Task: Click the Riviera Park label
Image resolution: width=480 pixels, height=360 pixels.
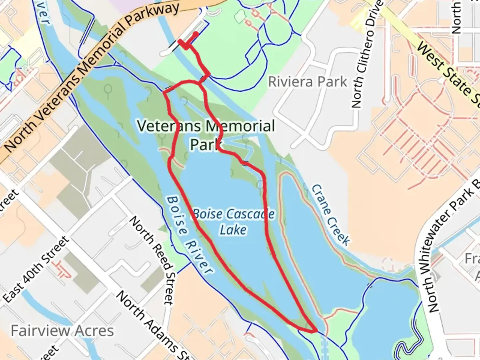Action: [x=307, y=82]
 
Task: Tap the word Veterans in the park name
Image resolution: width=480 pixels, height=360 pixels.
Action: [x=169, y=126]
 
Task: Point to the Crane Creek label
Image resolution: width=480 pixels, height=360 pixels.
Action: [x=331, y=215]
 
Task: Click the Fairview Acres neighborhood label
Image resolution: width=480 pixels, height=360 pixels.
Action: [x=62, y=331]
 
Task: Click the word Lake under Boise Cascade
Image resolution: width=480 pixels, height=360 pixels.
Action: [x=233, y=230]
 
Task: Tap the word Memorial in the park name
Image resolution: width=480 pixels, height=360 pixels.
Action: [x=240, y=126]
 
